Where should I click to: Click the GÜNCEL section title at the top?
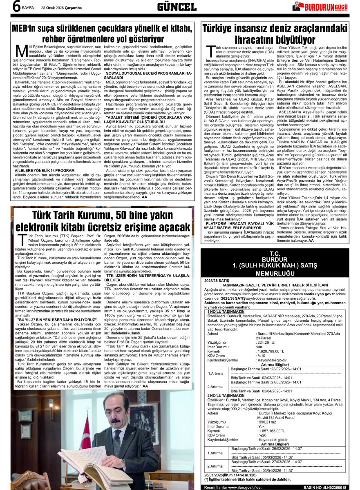click(x=177, y=7)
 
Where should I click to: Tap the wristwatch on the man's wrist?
click(x=123, y=464)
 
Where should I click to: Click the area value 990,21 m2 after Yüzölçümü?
click(x=267, y=422)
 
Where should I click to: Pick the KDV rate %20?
click(x=262, y=435)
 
